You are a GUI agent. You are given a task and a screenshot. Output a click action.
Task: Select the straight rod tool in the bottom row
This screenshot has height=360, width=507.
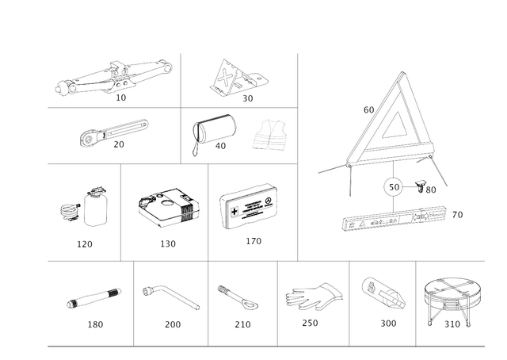pyautogui.click(x=93, y=298)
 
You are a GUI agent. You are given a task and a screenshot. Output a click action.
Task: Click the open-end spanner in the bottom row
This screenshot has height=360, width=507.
pyautogui.click(x=236, y=298)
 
